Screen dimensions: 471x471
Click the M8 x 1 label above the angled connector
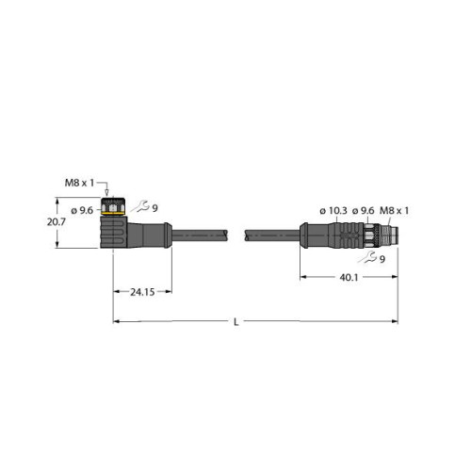[x=105, y=181]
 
